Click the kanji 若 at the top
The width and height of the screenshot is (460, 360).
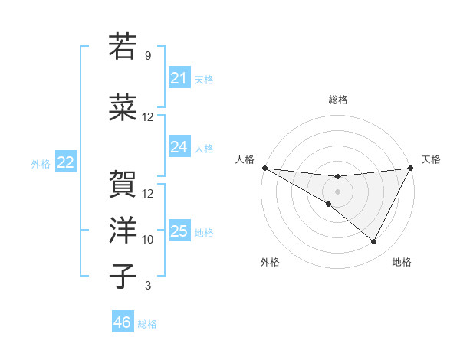[122, 47]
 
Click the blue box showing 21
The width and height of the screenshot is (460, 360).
[179, 78]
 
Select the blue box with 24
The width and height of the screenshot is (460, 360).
[179, 147]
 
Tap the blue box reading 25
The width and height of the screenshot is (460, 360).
[179, 231]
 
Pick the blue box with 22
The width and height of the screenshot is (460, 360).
[65, 162]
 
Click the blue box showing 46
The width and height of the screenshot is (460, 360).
[122, 322]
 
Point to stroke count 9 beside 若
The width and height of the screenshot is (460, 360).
[148, 56]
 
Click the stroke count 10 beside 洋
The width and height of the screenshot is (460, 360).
[148, 240]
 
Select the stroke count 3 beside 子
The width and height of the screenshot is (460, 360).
[148, 286]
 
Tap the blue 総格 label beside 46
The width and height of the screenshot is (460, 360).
[147, 324]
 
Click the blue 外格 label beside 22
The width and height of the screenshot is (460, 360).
[41, 163]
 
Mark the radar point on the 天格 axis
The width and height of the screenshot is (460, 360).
[411, 168]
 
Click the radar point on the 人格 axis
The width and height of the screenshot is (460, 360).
[264, 168]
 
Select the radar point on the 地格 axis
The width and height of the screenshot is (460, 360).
[374, 242]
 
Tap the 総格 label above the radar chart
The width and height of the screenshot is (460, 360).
[338, 100]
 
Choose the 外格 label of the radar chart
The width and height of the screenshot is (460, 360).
[270, 263]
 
